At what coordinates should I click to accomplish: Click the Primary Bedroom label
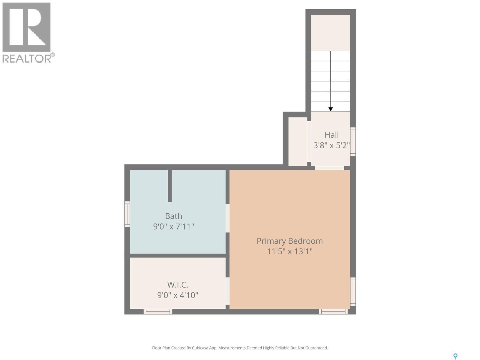click(289, 241)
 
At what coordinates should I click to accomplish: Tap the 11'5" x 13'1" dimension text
click(289, 251)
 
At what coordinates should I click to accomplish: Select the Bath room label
click(173, 216)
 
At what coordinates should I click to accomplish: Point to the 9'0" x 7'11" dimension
click(173, 226)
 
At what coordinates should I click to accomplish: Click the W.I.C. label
click(177, 284)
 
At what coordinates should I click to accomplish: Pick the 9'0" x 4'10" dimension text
click(178, 295)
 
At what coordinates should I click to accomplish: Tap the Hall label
click(331, 135)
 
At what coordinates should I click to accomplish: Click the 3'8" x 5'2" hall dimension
click(331, 145)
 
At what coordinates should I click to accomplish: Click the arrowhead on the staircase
click(331, 109)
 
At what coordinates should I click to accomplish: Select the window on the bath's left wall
click(127, 214)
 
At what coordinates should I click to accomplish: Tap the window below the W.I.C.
click(158, 312)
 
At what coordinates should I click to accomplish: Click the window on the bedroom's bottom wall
click(333, 312)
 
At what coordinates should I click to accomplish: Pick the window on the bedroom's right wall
click(353, 292)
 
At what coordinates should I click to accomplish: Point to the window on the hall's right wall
click(353, 142)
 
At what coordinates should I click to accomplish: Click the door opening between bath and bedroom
click(227, 218)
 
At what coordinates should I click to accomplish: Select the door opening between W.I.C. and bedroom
click(227, 291)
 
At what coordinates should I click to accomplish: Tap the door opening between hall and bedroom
click(329, 168)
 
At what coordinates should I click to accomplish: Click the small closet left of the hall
click(298, 141)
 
